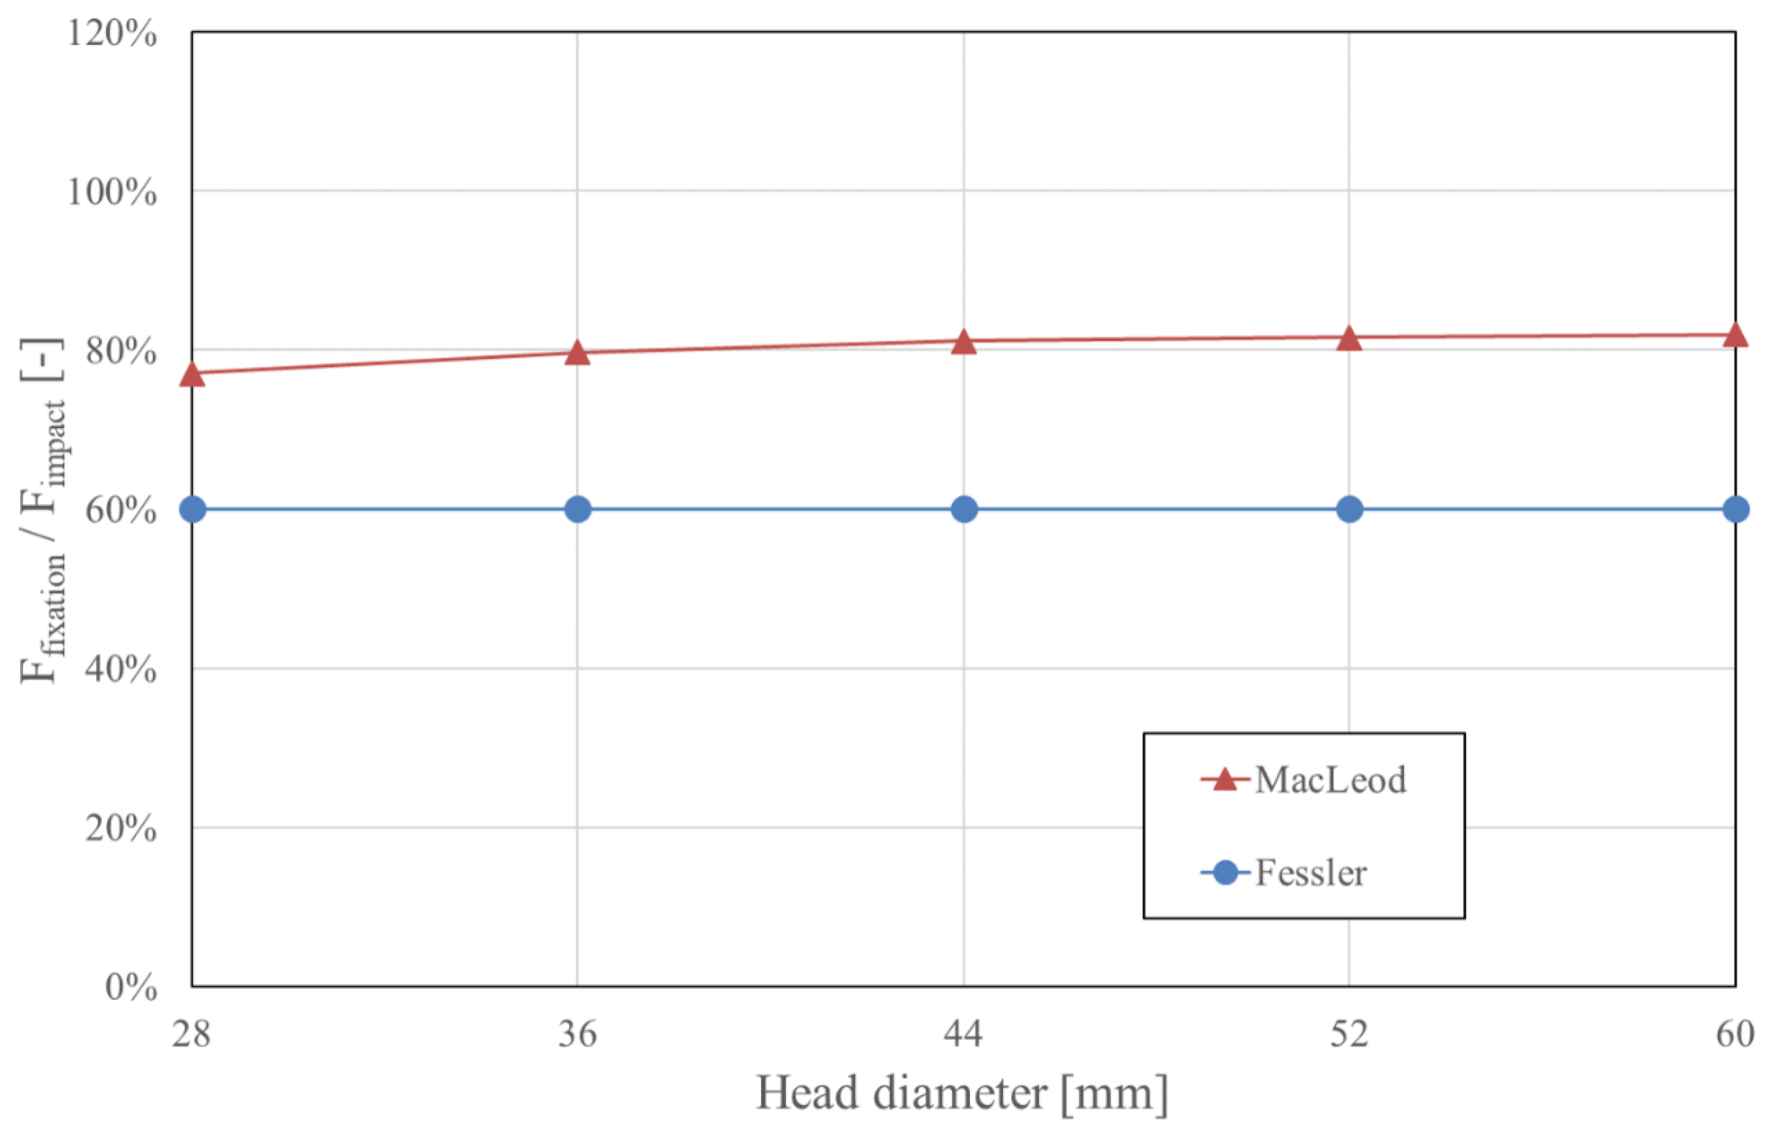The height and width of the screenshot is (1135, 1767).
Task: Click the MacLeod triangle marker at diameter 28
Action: (x=192, y=374)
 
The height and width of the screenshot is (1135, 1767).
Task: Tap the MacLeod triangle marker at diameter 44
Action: (x=963, y=342)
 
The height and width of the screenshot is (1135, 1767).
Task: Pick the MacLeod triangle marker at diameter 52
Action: (x=1349, y=338)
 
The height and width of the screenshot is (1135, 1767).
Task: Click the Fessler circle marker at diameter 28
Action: (x=192, y=509)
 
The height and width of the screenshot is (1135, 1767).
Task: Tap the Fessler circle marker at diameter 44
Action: (x=963, y=509)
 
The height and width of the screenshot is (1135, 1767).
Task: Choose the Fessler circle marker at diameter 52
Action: (x=1349, y=509)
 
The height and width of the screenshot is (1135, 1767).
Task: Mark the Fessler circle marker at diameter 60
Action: (x=1735, y=509)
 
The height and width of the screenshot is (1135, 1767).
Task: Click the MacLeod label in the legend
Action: (x=1330, y=780)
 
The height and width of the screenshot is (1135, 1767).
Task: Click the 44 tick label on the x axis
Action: (x=963, y=1034)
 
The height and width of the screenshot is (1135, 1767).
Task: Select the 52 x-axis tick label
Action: (x=1349, y=1034)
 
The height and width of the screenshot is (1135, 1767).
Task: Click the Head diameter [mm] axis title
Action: (x=962, y=1093)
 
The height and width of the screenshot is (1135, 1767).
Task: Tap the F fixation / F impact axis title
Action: (x=43, y=510)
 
